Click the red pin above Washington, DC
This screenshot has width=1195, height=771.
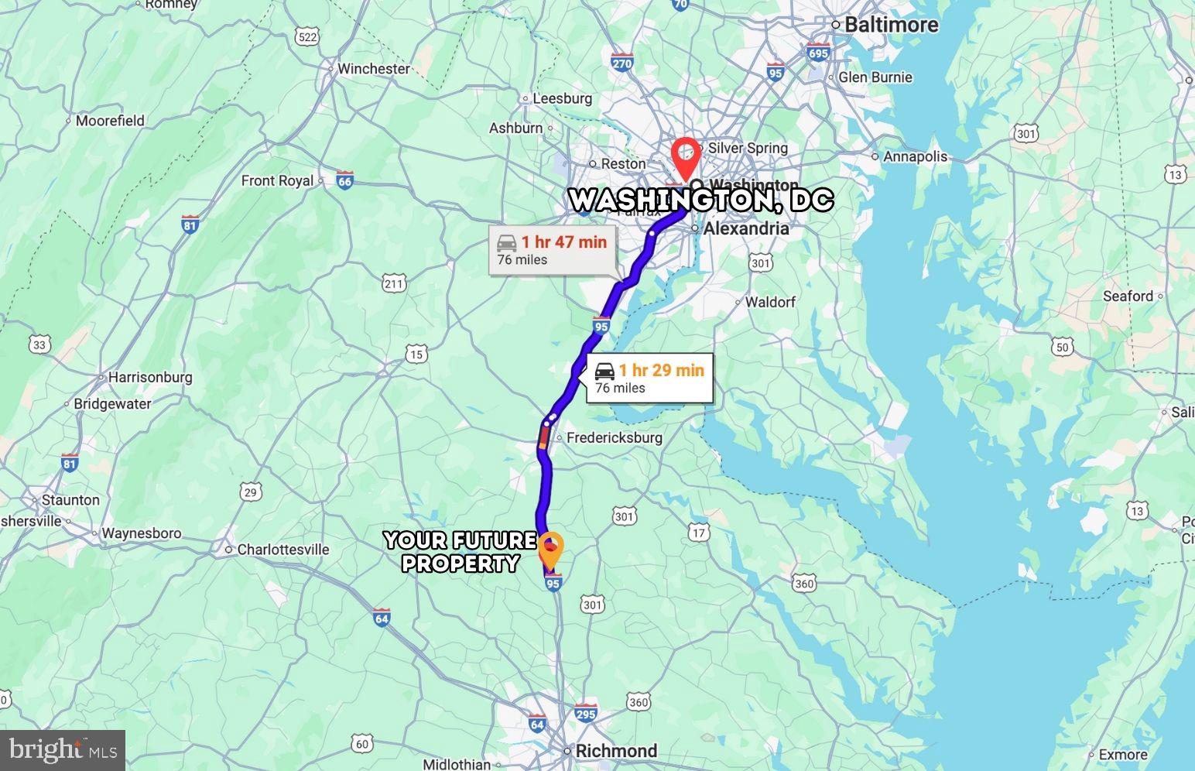tap(685, 155)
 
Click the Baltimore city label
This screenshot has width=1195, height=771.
tap(891, 25)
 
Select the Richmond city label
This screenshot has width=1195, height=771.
tap(616, 751)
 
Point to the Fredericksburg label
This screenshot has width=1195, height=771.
tap(614, 437)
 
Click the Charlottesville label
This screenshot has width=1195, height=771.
tap(282, 550)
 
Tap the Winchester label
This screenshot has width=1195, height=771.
tap(373, 69)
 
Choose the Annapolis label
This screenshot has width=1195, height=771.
tap(915, 156)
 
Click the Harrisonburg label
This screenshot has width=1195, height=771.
tap(149, 377)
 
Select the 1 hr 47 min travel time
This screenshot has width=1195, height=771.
tap(563, 242)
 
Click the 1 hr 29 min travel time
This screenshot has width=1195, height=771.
tap(661, 370)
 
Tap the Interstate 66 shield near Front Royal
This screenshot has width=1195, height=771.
tap(345, 181)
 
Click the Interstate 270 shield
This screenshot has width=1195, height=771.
tap(621, 63)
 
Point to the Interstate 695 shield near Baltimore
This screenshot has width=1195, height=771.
tap(818, 53)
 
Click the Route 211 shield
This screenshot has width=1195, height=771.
tap(394, 284)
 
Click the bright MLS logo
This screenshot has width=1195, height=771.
tap(63, 750)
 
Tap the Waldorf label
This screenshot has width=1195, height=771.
tap(769, 302)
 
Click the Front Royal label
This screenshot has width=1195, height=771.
tap(277, 180)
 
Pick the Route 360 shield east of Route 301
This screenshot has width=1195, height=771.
tap(804, 583)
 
